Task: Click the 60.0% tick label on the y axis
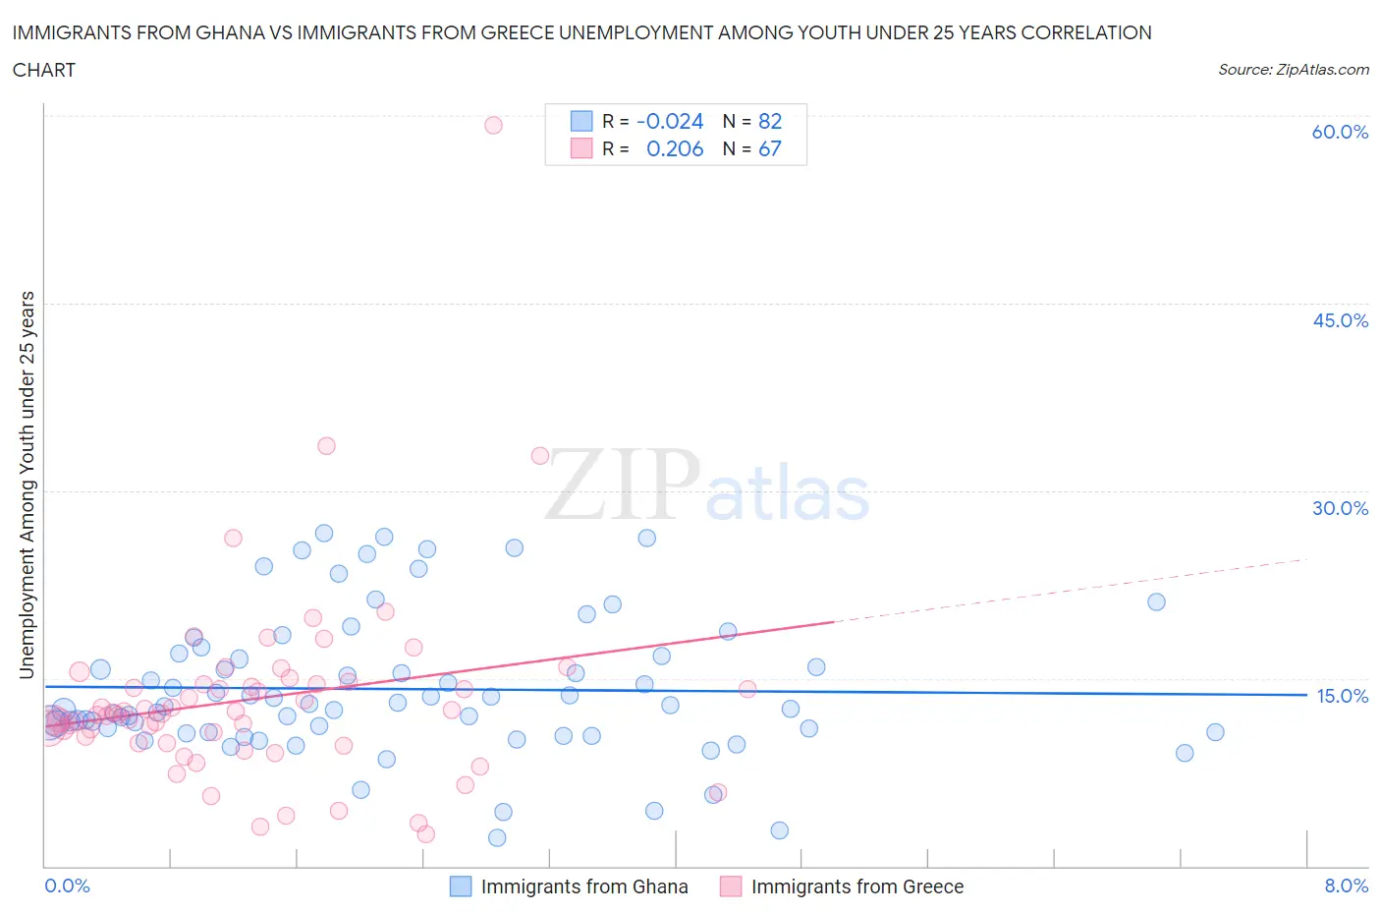tap(1340, 132)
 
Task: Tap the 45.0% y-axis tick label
tap(1340, 320)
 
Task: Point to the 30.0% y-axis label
tap(1340, 508)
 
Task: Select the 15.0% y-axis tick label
tap(1342, 696)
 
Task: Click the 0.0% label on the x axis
tap(67, 885)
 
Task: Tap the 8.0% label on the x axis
tap(1346, 885)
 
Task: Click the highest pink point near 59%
tap(493, 125)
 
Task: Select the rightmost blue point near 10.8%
tap(1215, 732)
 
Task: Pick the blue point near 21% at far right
tap(1156, 601)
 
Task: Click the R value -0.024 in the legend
tap(670, 121)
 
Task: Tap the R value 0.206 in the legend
tap(675, 148)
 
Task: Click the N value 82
tap(770, 121)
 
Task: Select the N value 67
tap(770, 148)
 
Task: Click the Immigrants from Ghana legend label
tap(583, 886)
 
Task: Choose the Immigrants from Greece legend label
tap(856, 886)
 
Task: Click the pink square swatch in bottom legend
tap(730, 886)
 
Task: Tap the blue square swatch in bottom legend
tap(461, 886)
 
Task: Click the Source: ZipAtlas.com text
tap(1293, 70)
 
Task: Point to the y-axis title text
tap(27, 485)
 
